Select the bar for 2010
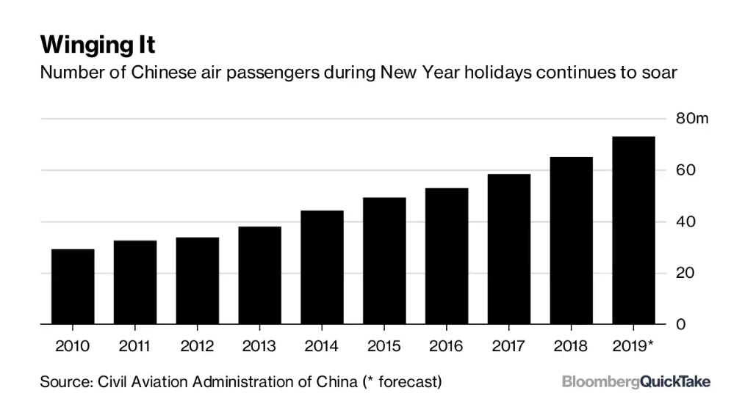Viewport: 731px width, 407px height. (x=73, y=287)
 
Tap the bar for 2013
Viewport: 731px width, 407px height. (x=260, y=276)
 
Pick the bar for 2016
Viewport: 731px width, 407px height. (x=447, y=257)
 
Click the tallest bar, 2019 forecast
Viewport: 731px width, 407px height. (x=633, y=231)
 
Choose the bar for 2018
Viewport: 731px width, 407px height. (x=571, y=241)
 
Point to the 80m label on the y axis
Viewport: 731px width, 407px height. (x=691, y=119)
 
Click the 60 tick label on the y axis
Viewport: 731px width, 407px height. (x=685, y=170)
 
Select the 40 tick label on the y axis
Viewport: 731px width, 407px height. (x=685, y=221)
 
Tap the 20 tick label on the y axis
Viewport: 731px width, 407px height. (x=685, y=273)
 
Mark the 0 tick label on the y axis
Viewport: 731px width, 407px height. (x=680, y=324)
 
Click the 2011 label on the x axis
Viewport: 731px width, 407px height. (x=135, y=346)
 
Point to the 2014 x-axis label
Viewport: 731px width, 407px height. (x=322, y=346)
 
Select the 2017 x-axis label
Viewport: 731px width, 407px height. (x=508, y=346)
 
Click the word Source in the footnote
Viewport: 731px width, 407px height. (x=66, y=382)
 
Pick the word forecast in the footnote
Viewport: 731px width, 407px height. (x=411, y=382)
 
